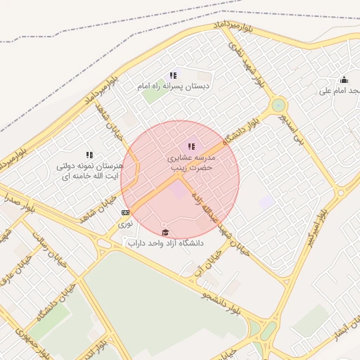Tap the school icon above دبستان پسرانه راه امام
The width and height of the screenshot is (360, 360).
(x=173, y=75)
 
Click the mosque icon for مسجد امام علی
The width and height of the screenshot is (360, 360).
(x=344, y=79)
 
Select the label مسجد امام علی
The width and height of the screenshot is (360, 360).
(x=338, y=91)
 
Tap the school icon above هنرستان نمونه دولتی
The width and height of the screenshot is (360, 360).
(x=89, y=155)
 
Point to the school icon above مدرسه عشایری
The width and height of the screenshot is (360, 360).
(x=191, y=146)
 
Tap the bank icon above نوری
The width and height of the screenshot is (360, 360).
(x=125, y=212)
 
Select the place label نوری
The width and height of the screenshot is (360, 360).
(x=125, y=223)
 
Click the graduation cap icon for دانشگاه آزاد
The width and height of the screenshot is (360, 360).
(x=166, y=232)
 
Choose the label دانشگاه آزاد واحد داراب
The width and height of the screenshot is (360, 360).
(x=166, y=243)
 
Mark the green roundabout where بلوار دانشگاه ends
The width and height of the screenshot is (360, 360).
(x=279, y=104)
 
